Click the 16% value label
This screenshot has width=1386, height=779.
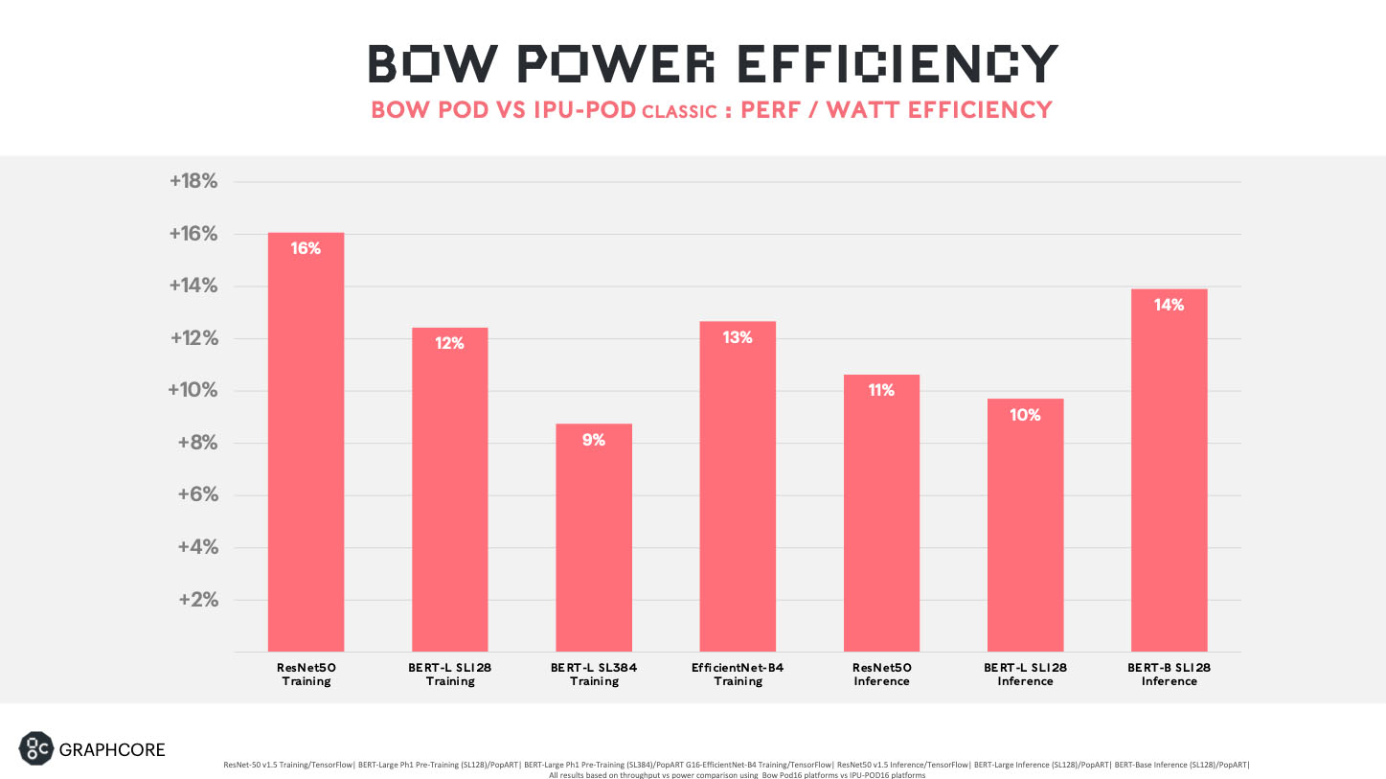pos(306,248)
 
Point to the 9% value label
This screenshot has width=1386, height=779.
pos(594,440)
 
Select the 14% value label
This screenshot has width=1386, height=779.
pos(1169,305)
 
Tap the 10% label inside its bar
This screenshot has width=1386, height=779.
pos(1025,415)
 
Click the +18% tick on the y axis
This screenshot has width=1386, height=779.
pos(193,182)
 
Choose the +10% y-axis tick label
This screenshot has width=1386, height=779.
pos(193,391)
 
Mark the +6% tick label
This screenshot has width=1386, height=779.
pos(197,495)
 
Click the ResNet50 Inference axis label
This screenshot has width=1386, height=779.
pos(881,674)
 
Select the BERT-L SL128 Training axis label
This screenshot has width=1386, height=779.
pos(450,674)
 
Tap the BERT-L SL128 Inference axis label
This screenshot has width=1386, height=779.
pos(1025,674)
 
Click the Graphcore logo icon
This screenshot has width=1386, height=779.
pos(35,748)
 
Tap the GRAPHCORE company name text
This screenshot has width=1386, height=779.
pos(112,749)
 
